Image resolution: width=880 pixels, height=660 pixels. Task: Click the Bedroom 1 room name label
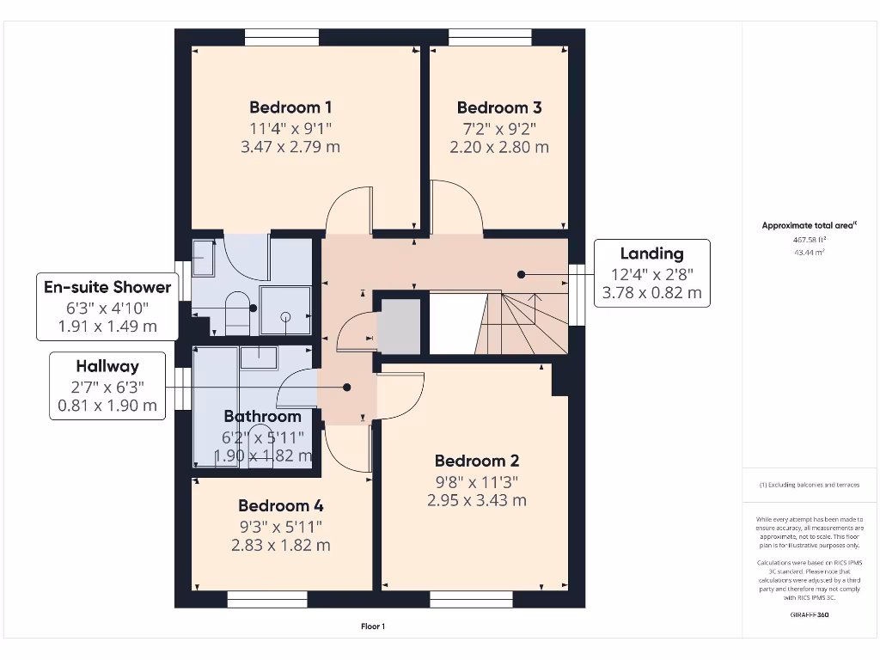click(x=290, y=107)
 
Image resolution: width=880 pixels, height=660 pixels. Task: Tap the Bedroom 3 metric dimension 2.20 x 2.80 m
click(x=499, y=147)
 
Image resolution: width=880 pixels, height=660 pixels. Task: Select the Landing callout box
click(x=652, y=273)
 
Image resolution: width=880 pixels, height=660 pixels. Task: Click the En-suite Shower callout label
click(x=107, y=287)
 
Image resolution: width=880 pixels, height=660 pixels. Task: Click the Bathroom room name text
click(x=262, y=417)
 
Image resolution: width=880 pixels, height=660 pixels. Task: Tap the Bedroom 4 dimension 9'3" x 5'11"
click(x=281, y=526)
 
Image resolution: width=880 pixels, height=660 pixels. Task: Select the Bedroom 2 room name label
click(x=476, y=461)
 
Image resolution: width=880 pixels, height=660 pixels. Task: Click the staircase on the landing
click(x=520, y=322)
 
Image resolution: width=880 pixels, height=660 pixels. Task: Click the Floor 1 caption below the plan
click(x=372, y=626)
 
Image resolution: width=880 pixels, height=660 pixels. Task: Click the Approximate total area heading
click(x=807, y=226)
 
